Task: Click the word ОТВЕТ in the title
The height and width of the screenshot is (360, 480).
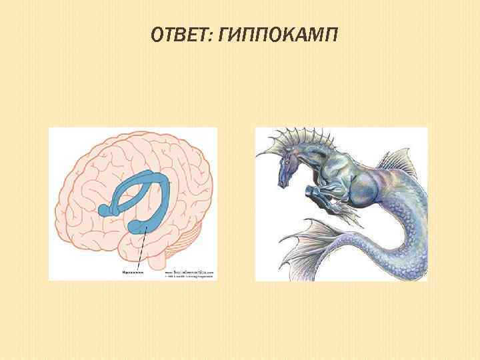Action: [x=179, y=34]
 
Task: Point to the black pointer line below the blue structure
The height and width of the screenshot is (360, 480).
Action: [x=140, y=250]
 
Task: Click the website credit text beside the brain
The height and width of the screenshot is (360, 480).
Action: [x=189, y=273]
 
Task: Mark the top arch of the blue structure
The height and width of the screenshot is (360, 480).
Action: [x=143, y=178]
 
